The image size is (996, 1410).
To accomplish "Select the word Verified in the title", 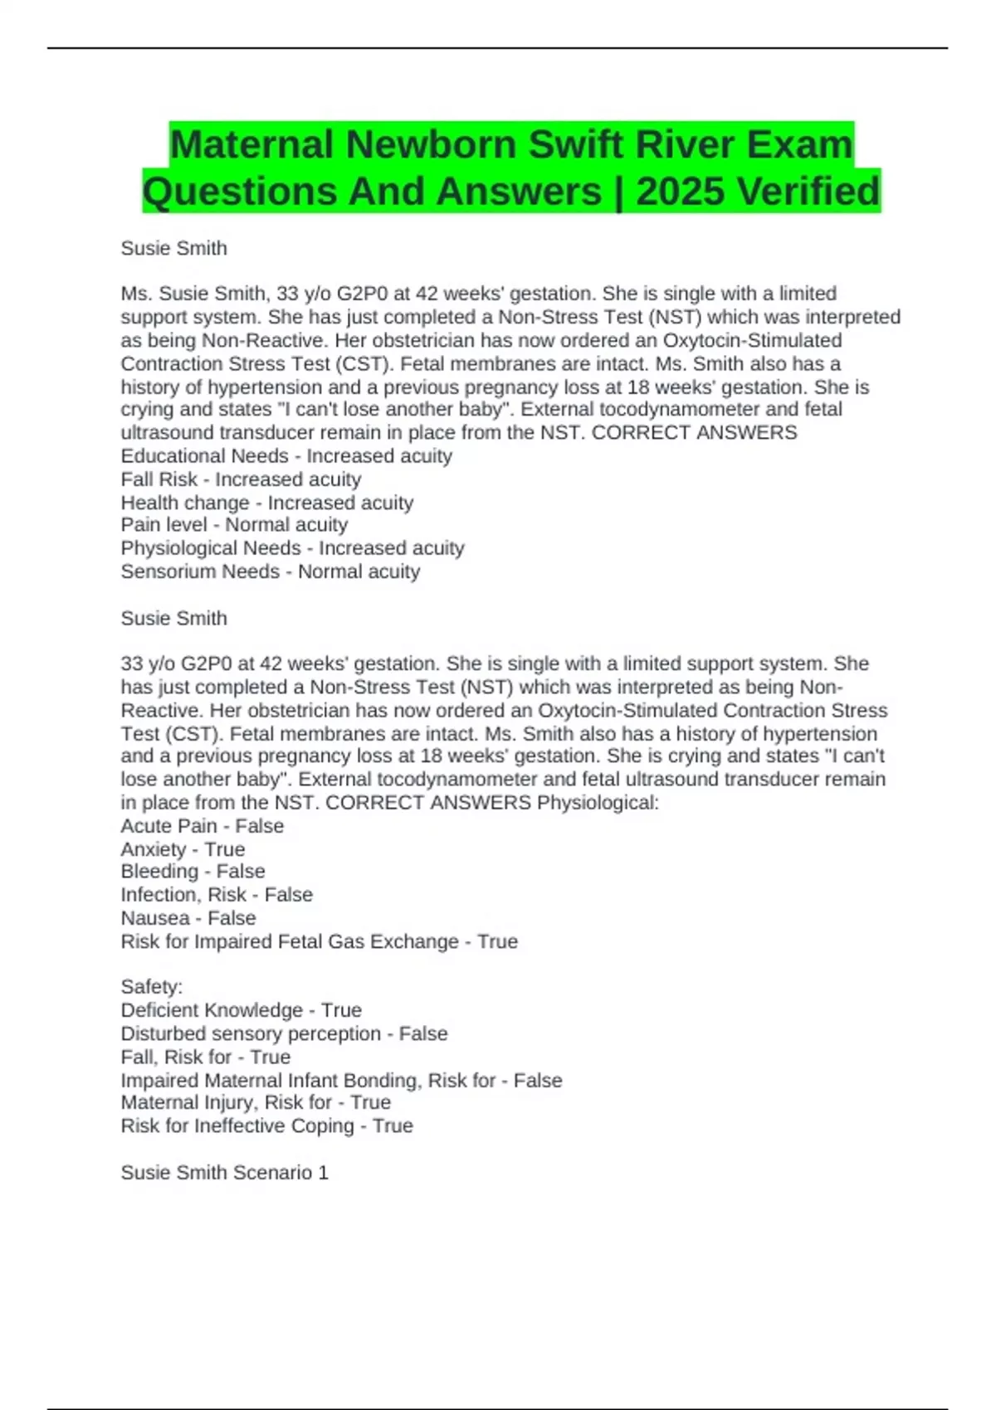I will point(808,192).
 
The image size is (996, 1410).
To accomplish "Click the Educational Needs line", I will point(286,456).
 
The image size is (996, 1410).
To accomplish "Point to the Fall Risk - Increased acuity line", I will point(241,479).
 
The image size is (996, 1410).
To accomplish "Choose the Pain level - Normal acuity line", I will point(234,525).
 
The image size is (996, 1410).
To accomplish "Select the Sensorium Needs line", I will point(271,571).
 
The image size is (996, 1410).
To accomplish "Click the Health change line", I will point(266,503).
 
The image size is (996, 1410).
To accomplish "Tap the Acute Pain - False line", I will point(202,826).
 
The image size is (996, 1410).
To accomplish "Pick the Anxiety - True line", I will point(183,849).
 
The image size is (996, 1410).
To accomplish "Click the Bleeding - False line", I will point(193,872).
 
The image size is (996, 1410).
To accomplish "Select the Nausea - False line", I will point(188,918).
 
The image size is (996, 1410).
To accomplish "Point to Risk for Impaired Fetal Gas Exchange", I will point(319,941).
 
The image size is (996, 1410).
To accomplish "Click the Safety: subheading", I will point(151,987).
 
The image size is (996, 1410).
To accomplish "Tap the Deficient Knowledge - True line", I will point(241,1010).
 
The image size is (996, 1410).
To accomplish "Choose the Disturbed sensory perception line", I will point(284,1033).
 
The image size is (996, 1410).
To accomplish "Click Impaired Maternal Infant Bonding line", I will point(341,1080).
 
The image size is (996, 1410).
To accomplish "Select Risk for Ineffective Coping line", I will point(266,1126).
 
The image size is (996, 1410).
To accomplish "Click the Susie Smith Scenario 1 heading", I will point(224,1172).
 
